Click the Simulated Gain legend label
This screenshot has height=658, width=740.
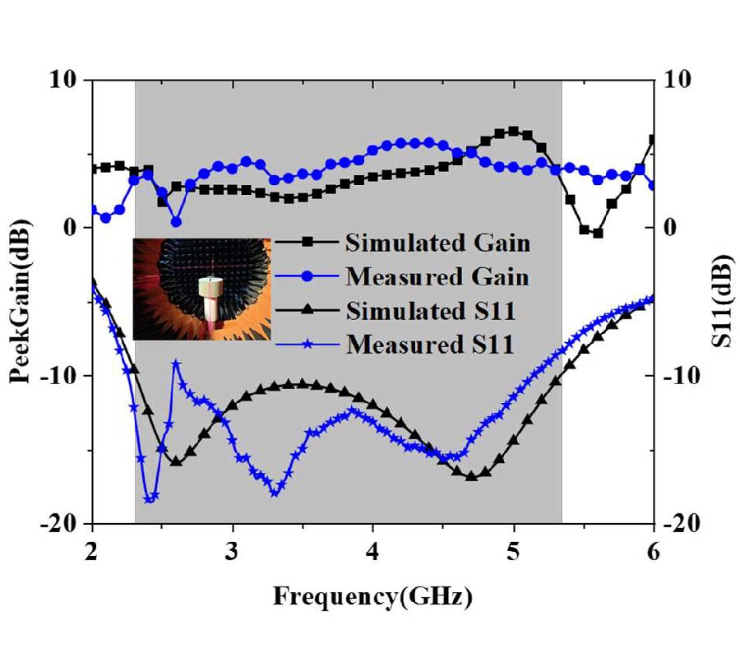(437, 243)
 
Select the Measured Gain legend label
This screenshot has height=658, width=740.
(437, 277)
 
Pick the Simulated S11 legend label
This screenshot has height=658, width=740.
(430, 311)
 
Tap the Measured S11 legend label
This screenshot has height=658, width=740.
(430, 344)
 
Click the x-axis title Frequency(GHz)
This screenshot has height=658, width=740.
(372, 595)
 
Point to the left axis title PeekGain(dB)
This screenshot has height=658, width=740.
(22, 302)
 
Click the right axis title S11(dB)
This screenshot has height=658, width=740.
(718, 302)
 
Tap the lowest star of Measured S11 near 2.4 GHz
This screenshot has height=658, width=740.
(149, 498)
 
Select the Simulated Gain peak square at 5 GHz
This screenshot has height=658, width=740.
(514, 131)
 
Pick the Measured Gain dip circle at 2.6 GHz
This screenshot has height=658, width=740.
(176, 221)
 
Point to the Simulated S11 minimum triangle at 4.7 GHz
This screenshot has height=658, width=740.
(471, 476)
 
